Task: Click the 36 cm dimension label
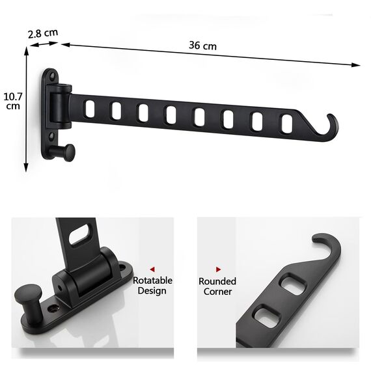[202, 46]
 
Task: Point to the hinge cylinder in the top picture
[59, 107]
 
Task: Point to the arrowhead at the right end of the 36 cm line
[356, 65]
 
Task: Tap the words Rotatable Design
[152, 285]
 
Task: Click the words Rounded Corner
[217, 286]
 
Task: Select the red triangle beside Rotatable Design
[152, 268]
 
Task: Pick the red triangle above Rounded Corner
[218, 268]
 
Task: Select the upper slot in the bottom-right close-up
[290, 284]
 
